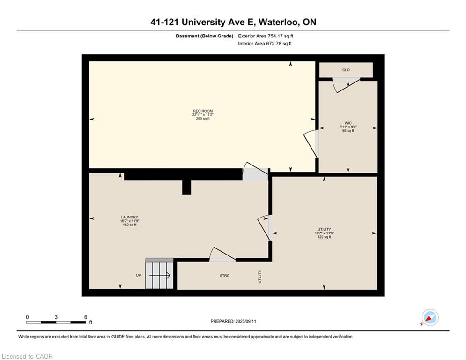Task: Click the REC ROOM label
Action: (203, 111)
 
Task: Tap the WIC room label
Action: (348, 123)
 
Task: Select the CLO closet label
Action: (346, 70)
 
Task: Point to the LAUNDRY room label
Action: (130, 217)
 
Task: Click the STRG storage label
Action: (225, 276)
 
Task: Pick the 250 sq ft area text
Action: (203, 119)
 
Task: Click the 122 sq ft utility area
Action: (324, 237)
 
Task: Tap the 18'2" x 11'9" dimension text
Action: (130, 221)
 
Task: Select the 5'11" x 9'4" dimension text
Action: (348, 127)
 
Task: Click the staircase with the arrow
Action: (159, 273)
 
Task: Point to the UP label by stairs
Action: (139, 275)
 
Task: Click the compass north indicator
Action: (430, 318)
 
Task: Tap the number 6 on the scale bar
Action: (86, 317)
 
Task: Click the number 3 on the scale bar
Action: (56, 317)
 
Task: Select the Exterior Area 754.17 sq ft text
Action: (266, 36)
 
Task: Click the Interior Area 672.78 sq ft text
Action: (265, 44)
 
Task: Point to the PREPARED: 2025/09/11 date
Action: (233, 321)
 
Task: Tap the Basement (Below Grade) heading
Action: (205, 36)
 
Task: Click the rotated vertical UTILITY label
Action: (260, 277)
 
